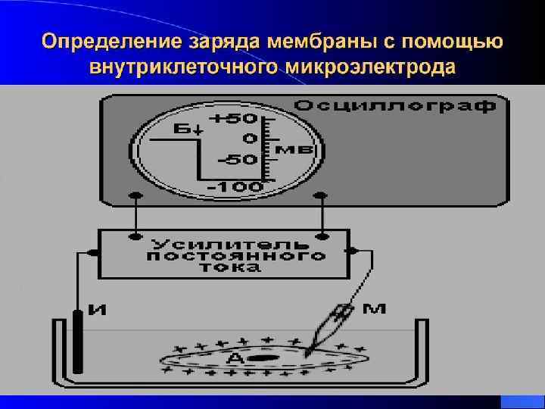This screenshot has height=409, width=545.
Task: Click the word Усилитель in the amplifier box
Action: coord(229,245)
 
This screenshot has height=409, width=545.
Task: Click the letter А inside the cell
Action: coord(236,357)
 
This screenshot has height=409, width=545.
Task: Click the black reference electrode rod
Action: coord(79,337)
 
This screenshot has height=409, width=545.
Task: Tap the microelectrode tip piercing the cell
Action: coord(310,350)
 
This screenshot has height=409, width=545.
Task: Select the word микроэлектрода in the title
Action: coord(372,67)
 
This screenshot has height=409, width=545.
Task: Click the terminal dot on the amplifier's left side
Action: coord(98,251)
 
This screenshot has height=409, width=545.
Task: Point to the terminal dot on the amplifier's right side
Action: coord(349,251)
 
